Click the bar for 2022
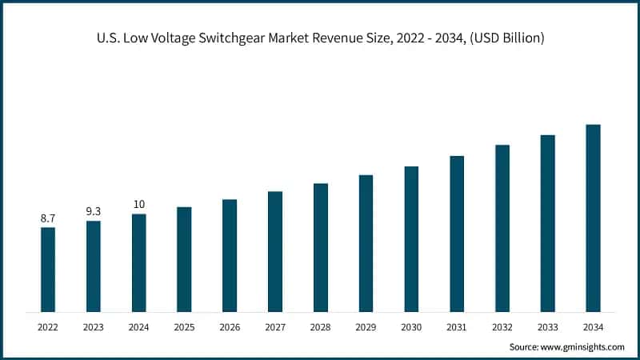pos(48,270)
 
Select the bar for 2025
pos(184,259)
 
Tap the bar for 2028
pos(321,247)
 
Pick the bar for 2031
pos(457,234)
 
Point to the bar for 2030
pos(411,239)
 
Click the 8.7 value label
pos(48,218)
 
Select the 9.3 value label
pos(94,211)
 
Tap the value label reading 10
pos(139,204)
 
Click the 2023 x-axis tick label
pos(94,327)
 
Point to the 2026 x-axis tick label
pos(230,327)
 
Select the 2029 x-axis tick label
pos(366,327)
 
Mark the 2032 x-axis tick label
pos(502,327)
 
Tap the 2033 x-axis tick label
pos(547,327)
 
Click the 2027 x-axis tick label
pos(275,327)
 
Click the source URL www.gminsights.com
pos(583,346)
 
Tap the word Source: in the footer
pos(525,346)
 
